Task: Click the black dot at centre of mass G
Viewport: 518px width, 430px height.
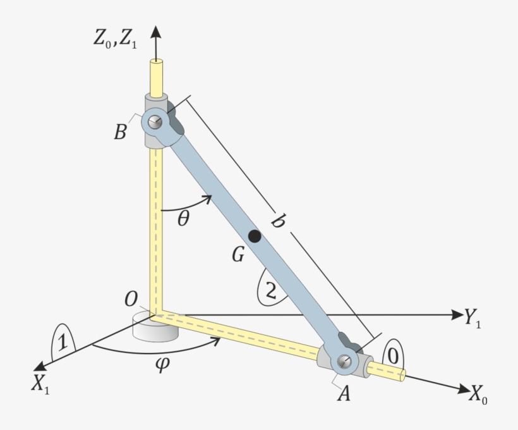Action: [255, 236]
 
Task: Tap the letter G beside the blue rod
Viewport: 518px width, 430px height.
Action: [238, 255]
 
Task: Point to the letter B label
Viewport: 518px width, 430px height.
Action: [120, 132]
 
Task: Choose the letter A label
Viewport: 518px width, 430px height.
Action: [344, 393]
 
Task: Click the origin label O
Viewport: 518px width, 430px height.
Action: [131, 299]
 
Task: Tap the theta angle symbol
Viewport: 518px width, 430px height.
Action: [184, 218]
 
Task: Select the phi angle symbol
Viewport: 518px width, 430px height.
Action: [162, 364]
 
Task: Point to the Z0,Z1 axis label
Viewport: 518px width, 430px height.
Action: [115, 39]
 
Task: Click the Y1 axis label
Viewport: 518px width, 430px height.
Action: [473, 318]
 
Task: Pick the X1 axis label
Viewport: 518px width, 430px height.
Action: [40, 384]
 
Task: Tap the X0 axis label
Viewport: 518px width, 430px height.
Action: [478, 395]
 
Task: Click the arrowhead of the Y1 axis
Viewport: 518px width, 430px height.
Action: [457, 315]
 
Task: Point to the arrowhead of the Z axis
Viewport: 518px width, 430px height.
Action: [156, 32]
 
